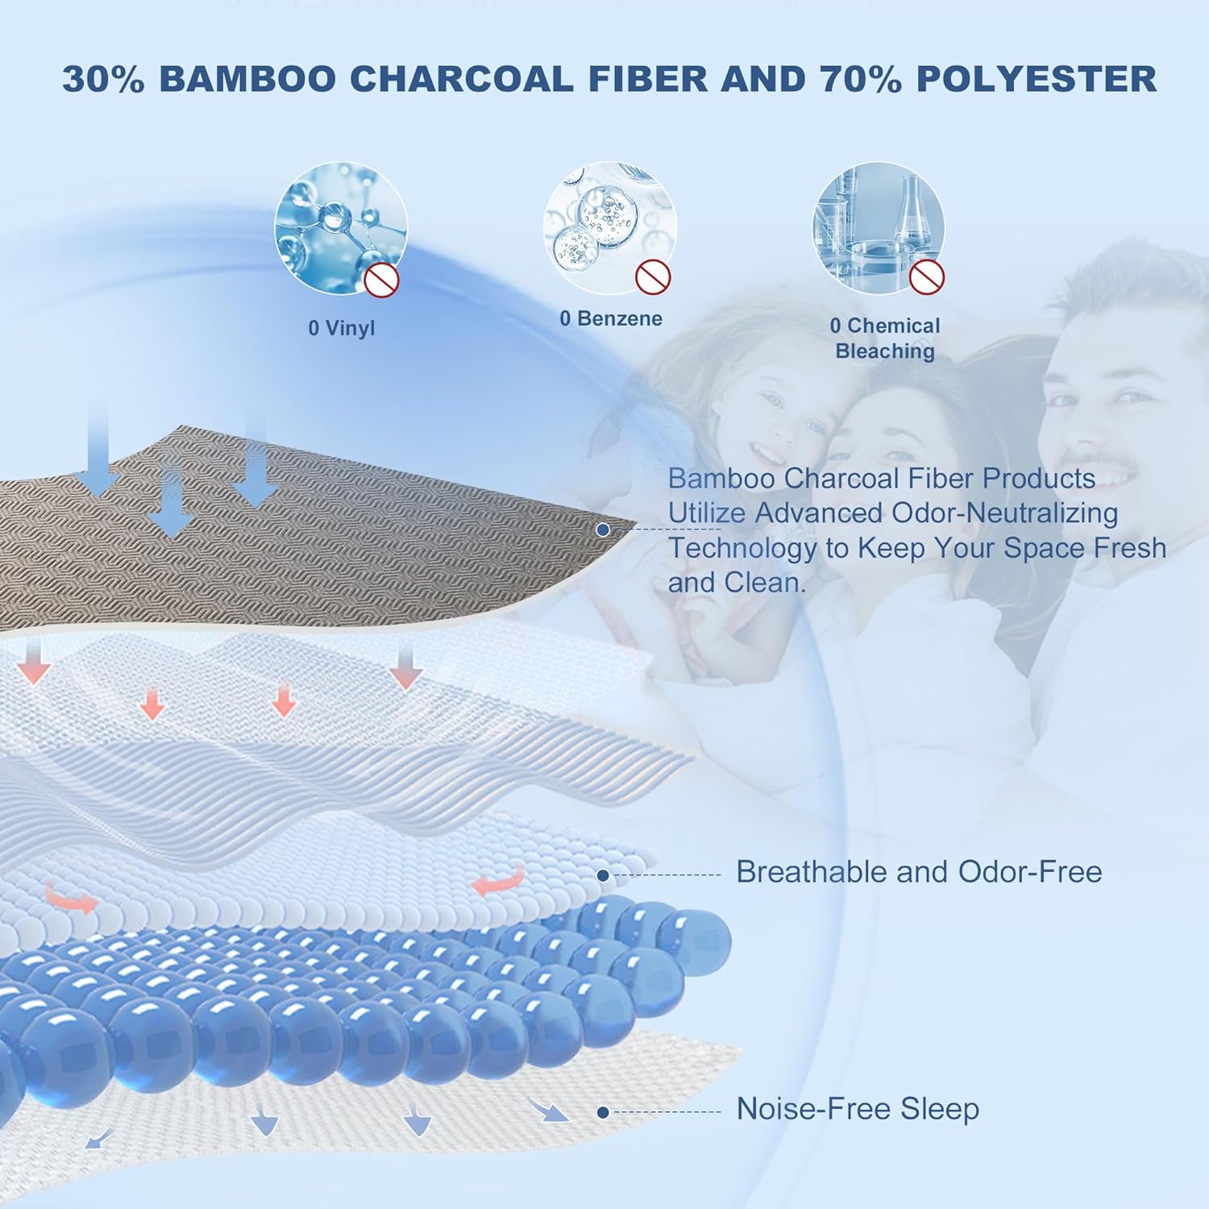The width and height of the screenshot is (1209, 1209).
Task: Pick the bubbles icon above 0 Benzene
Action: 609,227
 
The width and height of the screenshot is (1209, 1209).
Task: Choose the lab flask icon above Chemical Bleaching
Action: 879,228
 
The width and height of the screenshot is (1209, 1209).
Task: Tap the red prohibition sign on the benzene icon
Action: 653,276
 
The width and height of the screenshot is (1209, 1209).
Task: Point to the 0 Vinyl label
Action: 342,328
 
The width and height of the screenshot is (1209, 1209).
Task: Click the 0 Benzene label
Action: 611,318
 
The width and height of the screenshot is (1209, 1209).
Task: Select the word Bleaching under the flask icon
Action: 885,351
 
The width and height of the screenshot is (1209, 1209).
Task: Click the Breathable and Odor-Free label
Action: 919,872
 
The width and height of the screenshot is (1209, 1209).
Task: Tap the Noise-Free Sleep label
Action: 858,1109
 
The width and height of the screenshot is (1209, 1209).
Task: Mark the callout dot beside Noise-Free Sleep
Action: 603,1112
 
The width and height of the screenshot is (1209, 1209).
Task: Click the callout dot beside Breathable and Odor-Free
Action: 603,875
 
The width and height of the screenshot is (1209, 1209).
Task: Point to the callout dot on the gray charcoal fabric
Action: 603,530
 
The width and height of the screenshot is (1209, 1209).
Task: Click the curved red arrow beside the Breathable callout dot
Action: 498,881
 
